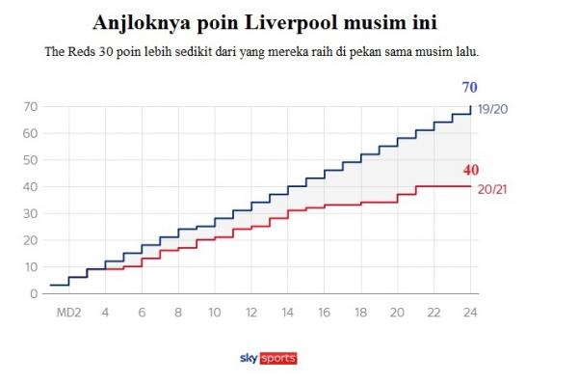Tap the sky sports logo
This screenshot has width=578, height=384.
point(269,359)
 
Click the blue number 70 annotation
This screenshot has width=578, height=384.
point(468,88)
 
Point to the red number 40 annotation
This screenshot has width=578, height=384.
point(469,170)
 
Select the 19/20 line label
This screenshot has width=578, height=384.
point(492,110)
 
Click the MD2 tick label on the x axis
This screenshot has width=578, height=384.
point(68,312)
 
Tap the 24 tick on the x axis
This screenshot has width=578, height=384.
point(470,312)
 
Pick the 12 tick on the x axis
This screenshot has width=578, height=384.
point(250,312)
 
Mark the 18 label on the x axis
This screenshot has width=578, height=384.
point(360,312)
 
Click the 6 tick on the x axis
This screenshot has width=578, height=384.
point(142,312)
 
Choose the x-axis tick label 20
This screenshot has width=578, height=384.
point(397,312)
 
